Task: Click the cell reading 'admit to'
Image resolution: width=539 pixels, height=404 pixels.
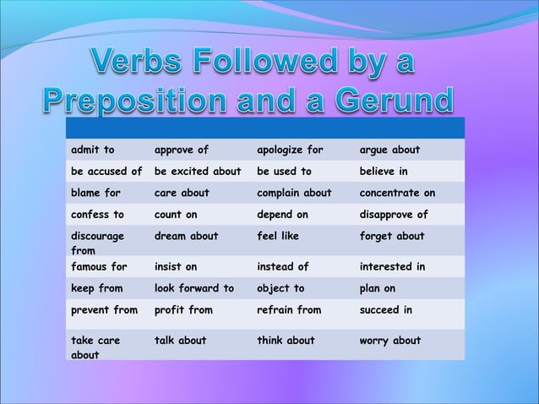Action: click(x=93, y=150)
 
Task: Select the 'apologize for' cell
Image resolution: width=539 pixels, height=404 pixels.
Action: click(x=290, y=150)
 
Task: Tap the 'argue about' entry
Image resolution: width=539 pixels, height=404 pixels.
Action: click(x=389, y=150)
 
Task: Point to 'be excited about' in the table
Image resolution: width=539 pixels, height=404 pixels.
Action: click(x=198, y=172)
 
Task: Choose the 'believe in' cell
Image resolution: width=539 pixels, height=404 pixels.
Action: click(x=385, y=172)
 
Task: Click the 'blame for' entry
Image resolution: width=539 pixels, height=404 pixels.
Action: click(x=96, y=193)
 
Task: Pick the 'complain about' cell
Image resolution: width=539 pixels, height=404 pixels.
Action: click(x=294, y=193)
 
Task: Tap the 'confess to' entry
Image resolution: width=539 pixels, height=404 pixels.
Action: click(x=98, y=215)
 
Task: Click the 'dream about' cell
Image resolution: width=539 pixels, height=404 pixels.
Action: click(x=186, y=236)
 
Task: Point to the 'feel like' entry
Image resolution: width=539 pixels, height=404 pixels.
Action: click(x=278, y=236)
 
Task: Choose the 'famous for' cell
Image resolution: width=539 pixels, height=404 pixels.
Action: click(x=100, y=267)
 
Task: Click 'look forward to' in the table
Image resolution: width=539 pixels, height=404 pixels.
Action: click(x=194, y=288)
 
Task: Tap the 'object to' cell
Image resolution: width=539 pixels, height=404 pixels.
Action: click(x=280, y=288)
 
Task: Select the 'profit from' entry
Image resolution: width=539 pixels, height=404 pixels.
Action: click(x=183, y=310)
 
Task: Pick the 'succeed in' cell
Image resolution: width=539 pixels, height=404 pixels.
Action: click(x=386, y=310)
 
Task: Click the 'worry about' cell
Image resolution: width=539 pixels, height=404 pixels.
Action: click(x=390, y=341)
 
